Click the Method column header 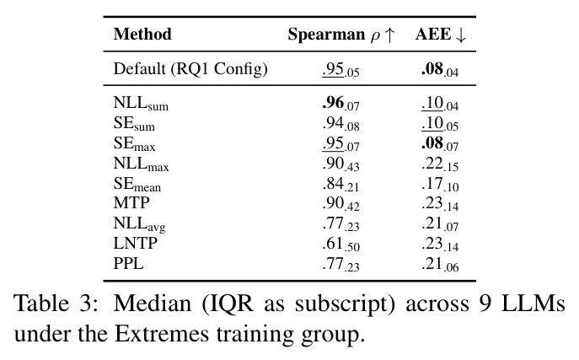pyautogui.click(x=142, y=34)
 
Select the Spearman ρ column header pyautogui.click(x=341, y=35)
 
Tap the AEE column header pyautogui.click(x=441, y=35)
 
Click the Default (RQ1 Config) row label pyautogui.click(x=190, y=69)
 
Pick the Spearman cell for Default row pyautogui.click(x=340, y=70)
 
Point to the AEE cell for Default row pyautogui.click(x=439, y=70)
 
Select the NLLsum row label pyautogui.click(x=141, y=103)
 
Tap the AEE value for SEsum pyautogui.click(x=439, y=124)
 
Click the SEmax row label pyautogui.click(x=134, y=143)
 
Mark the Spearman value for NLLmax pyautogui.click(x=340, y=164)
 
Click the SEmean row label pyautogui.click(x=137, y=184)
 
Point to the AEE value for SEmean pyautogui.click(x=439, y=185)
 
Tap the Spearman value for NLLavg pyautogui.click(x=340, y=224)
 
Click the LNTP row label pyautogui.click(x=136, y=244)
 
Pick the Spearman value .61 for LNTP pyautogui.click(x=340, y=244)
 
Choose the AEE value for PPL pyautogui.click(x=439, y=265)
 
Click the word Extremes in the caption pyautogui.click(x=162, y=334)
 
